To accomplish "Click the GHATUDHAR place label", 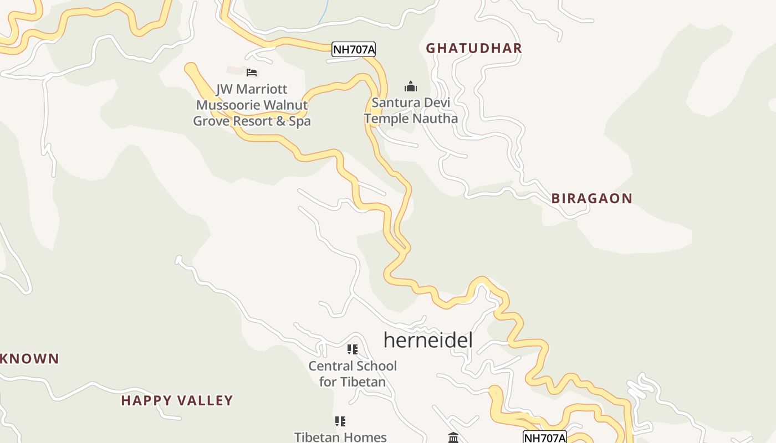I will point(474,48).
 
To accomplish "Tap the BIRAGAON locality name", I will point(591,198).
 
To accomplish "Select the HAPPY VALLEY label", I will point(177,400).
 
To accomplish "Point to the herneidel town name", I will point(428,340).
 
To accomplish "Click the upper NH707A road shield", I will point(354,50).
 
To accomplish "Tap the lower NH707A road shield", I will point(544,437).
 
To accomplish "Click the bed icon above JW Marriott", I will point(252,73).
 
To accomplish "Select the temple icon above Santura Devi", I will point(410,86).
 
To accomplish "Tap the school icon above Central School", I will point(352,349).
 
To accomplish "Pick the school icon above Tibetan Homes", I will point(340,421).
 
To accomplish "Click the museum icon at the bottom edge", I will point(453,438).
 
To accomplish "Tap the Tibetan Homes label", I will point(340,437).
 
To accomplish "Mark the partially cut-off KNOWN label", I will point(29,359).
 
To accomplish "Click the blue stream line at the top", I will point(323,12).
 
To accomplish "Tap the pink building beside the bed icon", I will point(235,71).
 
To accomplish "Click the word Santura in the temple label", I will point(395,102).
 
